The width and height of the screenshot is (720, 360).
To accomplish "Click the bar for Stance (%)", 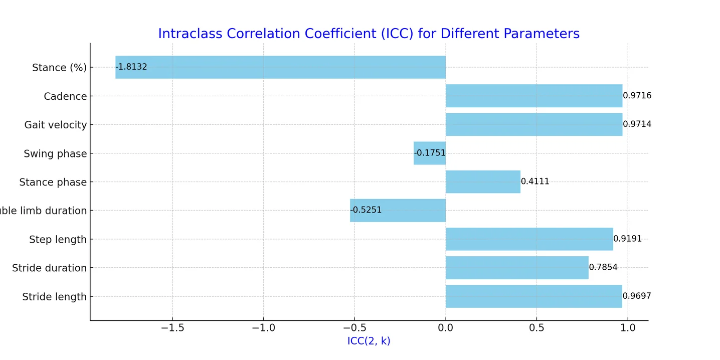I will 280,67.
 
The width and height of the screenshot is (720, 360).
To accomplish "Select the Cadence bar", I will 533,96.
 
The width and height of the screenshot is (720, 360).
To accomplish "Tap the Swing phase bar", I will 429,153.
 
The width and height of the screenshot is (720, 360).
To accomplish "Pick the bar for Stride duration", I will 516,268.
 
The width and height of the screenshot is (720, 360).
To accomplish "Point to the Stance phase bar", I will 482,182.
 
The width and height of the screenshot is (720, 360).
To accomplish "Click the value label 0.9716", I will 637,95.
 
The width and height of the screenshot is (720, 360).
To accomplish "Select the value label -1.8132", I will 131,67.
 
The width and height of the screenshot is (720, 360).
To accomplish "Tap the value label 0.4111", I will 535,182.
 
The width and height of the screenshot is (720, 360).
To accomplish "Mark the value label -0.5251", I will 366,210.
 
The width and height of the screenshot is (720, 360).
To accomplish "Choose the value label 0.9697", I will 637,296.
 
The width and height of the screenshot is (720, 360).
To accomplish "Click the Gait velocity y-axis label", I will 55,125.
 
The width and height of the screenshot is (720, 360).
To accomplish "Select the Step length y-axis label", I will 58,240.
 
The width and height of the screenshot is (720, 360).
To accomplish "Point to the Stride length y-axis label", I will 54,297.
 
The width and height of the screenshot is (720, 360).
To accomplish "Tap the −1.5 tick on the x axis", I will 172,328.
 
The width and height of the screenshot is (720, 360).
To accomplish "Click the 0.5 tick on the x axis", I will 536,328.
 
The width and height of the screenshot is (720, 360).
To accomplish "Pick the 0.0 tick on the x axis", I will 445,328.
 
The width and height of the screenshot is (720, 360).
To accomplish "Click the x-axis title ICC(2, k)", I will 369,341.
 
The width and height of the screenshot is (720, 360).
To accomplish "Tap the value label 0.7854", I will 603,267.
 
